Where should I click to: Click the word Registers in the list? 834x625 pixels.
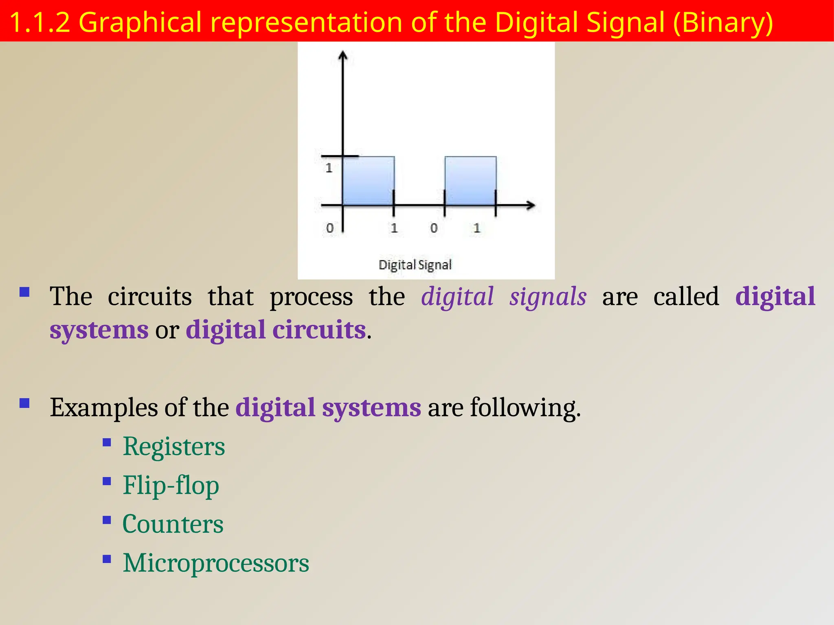(173, 447)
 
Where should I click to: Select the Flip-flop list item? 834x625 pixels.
(171, 485)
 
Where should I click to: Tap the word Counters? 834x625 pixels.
(173, 524)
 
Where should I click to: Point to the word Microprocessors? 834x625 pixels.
(216, 563)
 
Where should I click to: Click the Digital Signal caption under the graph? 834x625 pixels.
(415, 265)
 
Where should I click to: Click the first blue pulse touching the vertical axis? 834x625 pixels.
(369, 181)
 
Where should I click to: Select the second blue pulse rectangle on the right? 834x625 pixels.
(470, 181)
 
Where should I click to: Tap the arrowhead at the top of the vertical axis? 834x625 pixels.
(343, 55)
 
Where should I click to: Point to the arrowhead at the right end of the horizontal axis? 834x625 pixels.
(531, 205)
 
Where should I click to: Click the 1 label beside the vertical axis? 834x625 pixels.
(329, 168)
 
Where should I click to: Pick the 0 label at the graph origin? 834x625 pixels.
(330, 228)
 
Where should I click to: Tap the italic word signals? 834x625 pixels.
(548, 297)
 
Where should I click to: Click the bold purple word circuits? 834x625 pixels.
(319, 330)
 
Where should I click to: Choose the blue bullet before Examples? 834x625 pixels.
(25, 403)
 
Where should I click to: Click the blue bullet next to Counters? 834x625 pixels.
(107, 520)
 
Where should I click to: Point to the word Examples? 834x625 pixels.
(104, 408)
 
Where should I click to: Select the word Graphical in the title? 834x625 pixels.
(140, 22)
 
